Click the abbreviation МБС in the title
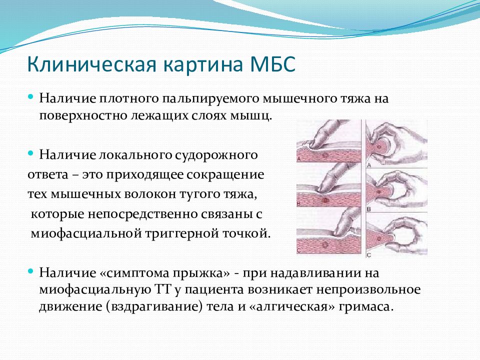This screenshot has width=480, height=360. coord(273,64)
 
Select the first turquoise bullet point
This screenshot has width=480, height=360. coord(30,96)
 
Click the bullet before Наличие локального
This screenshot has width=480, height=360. coord(30,153)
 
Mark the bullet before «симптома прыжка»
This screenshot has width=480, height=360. coord(30,271)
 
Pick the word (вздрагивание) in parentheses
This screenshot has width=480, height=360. coord(154,306)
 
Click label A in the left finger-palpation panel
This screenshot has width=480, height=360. coord(299,159)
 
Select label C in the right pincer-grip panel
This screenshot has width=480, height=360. coord(368,254)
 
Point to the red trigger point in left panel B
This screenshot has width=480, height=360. coord(325,201)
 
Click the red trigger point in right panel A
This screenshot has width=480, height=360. coord(380,147)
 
